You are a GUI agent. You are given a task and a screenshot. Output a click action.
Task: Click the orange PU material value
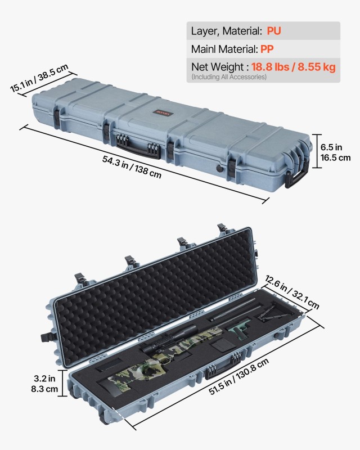(274, 31)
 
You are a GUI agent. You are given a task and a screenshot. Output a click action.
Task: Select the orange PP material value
(267, 49)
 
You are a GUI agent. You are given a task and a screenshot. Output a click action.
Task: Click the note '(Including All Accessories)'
(229, 76)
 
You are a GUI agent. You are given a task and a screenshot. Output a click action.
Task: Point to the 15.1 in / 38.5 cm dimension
(39, 79)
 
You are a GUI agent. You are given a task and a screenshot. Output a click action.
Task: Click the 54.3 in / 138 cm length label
(132, 167)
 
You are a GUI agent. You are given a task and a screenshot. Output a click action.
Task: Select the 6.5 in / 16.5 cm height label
(335, 152)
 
